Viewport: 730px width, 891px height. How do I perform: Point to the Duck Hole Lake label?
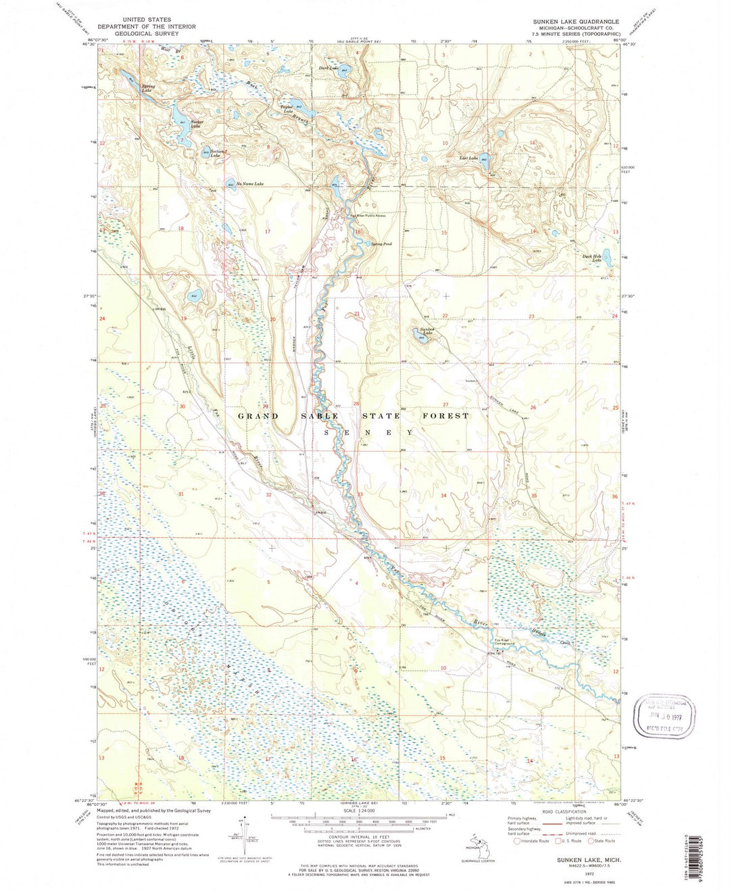coord(592,258)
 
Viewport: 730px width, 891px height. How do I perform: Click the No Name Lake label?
coord(249,184)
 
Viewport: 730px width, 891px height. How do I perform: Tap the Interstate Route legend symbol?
coord(518,841)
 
